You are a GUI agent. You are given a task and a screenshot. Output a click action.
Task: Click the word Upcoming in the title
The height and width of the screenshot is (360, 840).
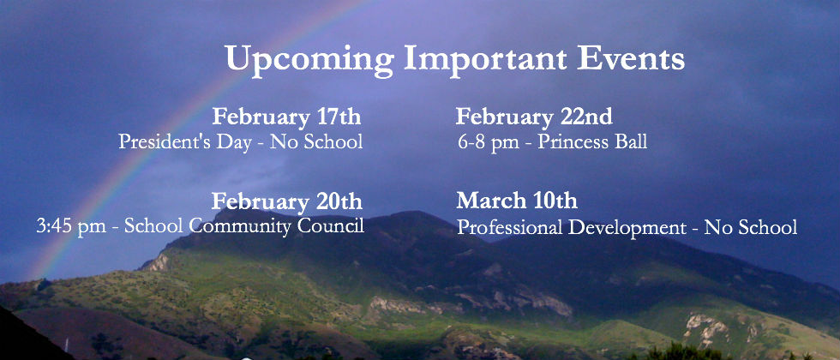tap(309, 59)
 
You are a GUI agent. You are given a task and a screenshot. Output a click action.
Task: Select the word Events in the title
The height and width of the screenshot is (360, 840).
tap(631, 57)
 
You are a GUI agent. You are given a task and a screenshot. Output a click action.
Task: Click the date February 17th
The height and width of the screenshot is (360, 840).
tap(286, 117)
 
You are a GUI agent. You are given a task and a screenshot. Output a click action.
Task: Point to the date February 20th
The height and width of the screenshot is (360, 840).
tap(286, 202)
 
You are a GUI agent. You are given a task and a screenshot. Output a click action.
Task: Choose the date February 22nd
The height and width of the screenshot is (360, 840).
tap(534, 117)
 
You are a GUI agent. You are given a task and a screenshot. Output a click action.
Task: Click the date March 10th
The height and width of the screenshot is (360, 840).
tap(517, 201)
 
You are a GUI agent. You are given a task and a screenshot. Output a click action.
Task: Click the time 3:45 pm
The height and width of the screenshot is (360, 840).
tap(71, 227)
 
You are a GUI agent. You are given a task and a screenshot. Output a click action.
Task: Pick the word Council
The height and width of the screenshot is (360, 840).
tap(331, 225)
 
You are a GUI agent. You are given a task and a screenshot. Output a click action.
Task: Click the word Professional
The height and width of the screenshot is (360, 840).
tap(509, 227)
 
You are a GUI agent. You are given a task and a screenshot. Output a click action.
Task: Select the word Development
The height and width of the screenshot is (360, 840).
tap(627, 228)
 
